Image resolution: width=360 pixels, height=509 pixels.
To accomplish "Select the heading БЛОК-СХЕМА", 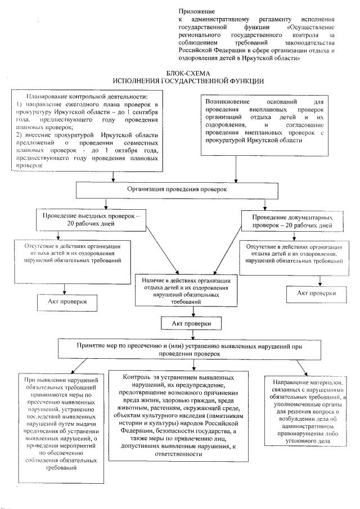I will pos(187,74).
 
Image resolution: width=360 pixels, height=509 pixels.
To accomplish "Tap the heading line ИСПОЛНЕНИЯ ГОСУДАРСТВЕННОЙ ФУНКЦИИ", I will pos(187,82).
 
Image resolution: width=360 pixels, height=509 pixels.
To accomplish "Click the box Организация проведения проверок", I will pos(188,190).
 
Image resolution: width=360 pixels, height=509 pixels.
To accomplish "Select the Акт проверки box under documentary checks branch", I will pos(317,293).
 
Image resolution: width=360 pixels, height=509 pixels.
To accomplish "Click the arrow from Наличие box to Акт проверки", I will pos(188,312).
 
